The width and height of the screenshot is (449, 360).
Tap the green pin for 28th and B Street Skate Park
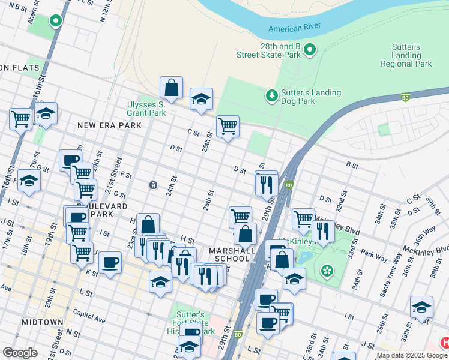pyautogui.click(x=310, y=49)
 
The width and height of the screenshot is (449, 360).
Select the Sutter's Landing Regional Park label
pyautogui.click(x=406, y=56)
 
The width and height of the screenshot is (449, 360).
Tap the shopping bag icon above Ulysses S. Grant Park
pyautogui.click(x=172, y=88)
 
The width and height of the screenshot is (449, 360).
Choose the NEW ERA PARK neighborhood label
pyautogui.click(x=109, y=125)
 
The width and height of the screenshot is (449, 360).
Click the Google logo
pyautogui.click(x=20, y=353)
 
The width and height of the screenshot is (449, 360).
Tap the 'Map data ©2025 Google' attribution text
pyautogui.click(x=412, y=355)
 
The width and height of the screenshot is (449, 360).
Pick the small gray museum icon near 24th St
pyautogui.click(x=154, y=185)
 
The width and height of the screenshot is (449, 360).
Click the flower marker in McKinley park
pyautogui.click(x=327, y=271)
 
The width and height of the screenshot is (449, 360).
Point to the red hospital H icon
pyautogui.click(x=445, y=343)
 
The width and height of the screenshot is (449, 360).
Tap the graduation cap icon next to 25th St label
pyautogui.click(x=202, y=98)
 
